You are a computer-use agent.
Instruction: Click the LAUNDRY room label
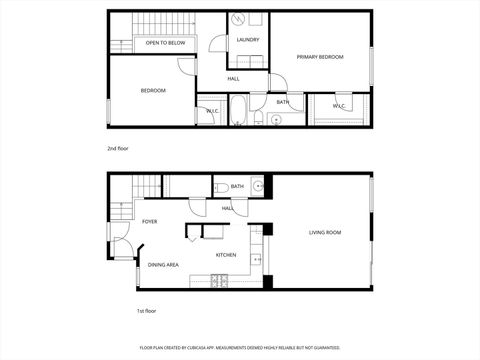248,40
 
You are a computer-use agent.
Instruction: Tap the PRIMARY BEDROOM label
320,57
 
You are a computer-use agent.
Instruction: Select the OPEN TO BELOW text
165,43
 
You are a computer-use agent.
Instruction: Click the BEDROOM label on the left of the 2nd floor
153,91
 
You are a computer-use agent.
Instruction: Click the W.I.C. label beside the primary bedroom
338,105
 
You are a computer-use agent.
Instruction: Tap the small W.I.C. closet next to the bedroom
212,111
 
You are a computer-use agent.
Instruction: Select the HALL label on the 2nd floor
233,79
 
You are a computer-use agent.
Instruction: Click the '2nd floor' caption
118,148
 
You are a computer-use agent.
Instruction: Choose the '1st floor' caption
146,311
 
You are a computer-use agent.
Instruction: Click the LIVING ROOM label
325,232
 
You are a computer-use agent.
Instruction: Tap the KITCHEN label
226,255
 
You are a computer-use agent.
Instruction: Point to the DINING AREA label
163,264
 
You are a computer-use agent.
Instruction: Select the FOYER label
149,221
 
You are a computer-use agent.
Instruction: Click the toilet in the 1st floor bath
220,187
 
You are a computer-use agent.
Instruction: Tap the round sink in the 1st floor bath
257,186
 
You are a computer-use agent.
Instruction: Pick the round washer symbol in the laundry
249,20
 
